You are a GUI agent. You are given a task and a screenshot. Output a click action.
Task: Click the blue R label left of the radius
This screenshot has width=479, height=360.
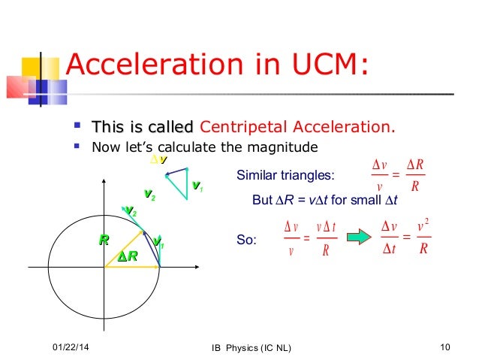click(104, 241)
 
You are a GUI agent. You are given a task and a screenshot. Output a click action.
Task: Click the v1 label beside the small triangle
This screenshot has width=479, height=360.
click(197, 186)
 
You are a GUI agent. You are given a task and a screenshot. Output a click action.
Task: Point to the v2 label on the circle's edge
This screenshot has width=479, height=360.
click(130, 212)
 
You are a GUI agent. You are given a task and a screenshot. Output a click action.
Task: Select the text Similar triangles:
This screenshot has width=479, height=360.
click(285, 177)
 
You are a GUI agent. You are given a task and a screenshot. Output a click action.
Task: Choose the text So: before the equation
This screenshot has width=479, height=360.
click(246, 241)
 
